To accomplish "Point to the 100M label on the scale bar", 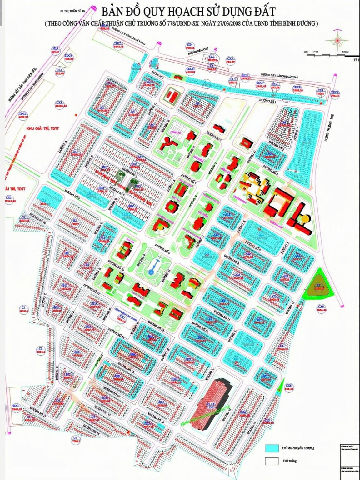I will pyautogui.click(x=345, y=52).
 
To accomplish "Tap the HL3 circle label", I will pyautogui.click(x=55, y=50).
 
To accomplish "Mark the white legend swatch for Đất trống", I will pyautogui.click(x=272, y=461).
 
